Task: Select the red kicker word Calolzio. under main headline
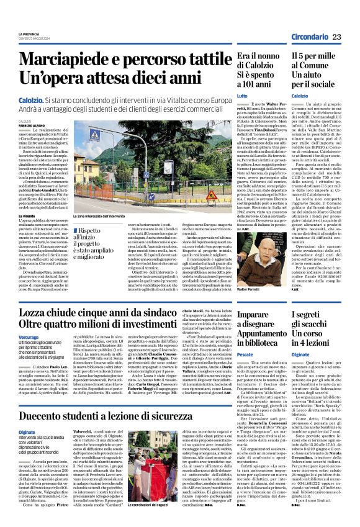point(30,100)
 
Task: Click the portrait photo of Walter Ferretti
point(248,224)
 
